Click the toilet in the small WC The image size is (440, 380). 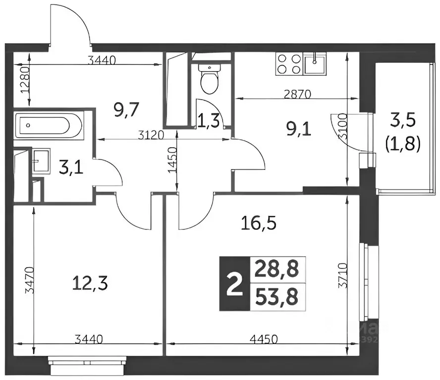[209, 79]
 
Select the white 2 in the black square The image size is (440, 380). [232, 284]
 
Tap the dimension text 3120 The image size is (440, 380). [147, 135]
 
